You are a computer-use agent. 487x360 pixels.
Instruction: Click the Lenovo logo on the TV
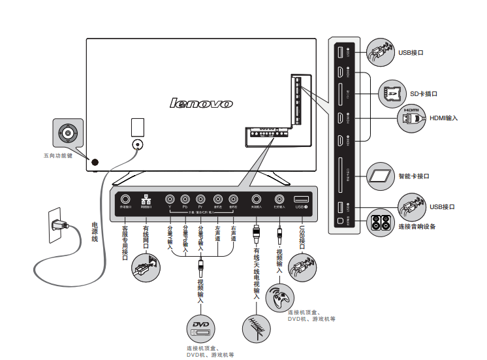201,103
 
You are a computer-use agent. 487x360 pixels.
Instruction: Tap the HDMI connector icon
411,118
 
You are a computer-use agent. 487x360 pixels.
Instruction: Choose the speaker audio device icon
383,223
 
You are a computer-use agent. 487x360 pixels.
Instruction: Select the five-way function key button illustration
68,135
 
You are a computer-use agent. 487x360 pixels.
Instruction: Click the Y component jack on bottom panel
170,199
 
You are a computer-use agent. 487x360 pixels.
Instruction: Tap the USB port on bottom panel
300,199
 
